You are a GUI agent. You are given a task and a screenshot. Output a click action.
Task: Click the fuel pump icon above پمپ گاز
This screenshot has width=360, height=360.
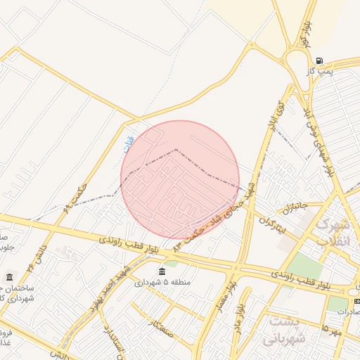point(320,60)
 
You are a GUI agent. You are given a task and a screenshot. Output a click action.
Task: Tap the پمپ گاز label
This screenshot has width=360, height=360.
point(318,72)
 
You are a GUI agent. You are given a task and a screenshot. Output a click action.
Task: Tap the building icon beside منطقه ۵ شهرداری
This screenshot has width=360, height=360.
point(162,271)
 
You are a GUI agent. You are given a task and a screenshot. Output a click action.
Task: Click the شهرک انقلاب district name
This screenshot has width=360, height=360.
point(330,231)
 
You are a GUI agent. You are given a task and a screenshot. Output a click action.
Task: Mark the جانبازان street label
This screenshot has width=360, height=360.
point(295,209)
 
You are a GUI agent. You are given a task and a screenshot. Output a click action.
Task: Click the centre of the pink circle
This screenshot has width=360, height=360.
point(180,180)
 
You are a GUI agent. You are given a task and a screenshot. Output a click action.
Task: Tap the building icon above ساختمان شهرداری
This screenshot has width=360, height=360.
point(9,277)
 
